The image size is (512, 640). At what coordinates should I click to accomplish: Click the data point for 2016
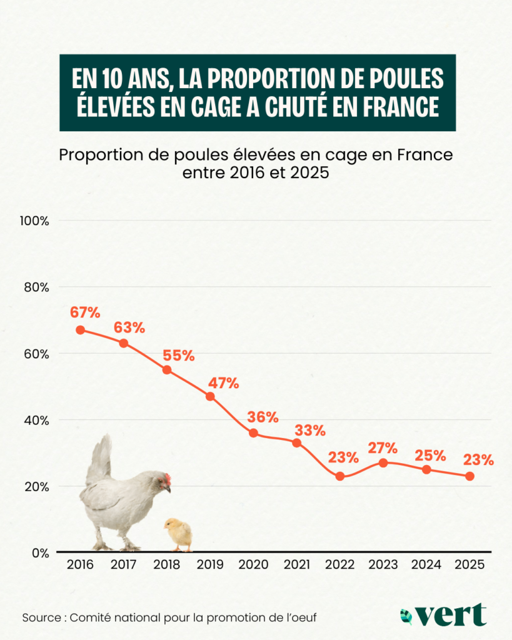[x=80, y=329]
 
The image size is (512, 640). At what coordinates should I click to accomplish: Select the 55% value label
[x=179, y=356]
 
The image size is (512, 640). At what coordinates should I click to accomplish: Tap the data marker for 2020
[x=253, y=432]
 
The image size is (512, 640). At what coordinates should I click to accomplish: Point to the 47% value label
[x=223, y=383]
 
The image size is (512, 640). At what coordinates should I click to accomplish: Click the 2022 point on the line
[x=340, y=476]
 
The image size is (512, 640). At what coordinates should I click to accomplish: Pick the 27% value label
[x=383, y=448]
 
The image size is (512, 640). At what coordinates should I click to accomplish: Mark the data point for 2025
[x=470, y=476]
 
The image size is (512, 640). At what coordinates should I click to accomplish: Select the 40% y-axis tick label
[x=38, y=420]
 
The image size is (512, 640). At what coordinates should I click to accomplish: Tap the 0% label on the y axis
[x=41, y=552]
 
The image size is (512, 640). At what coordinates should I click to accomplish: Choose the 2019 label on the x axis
[x=210, y=564]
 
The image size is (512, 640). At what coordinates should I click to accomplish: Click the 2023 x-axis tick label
[x=383, y=564]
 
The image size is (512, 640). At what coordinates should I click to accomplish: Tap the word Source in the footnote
[x=41, y=617]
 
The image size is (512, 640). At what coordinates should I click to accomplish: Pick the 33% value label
[x=310, y=431]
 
